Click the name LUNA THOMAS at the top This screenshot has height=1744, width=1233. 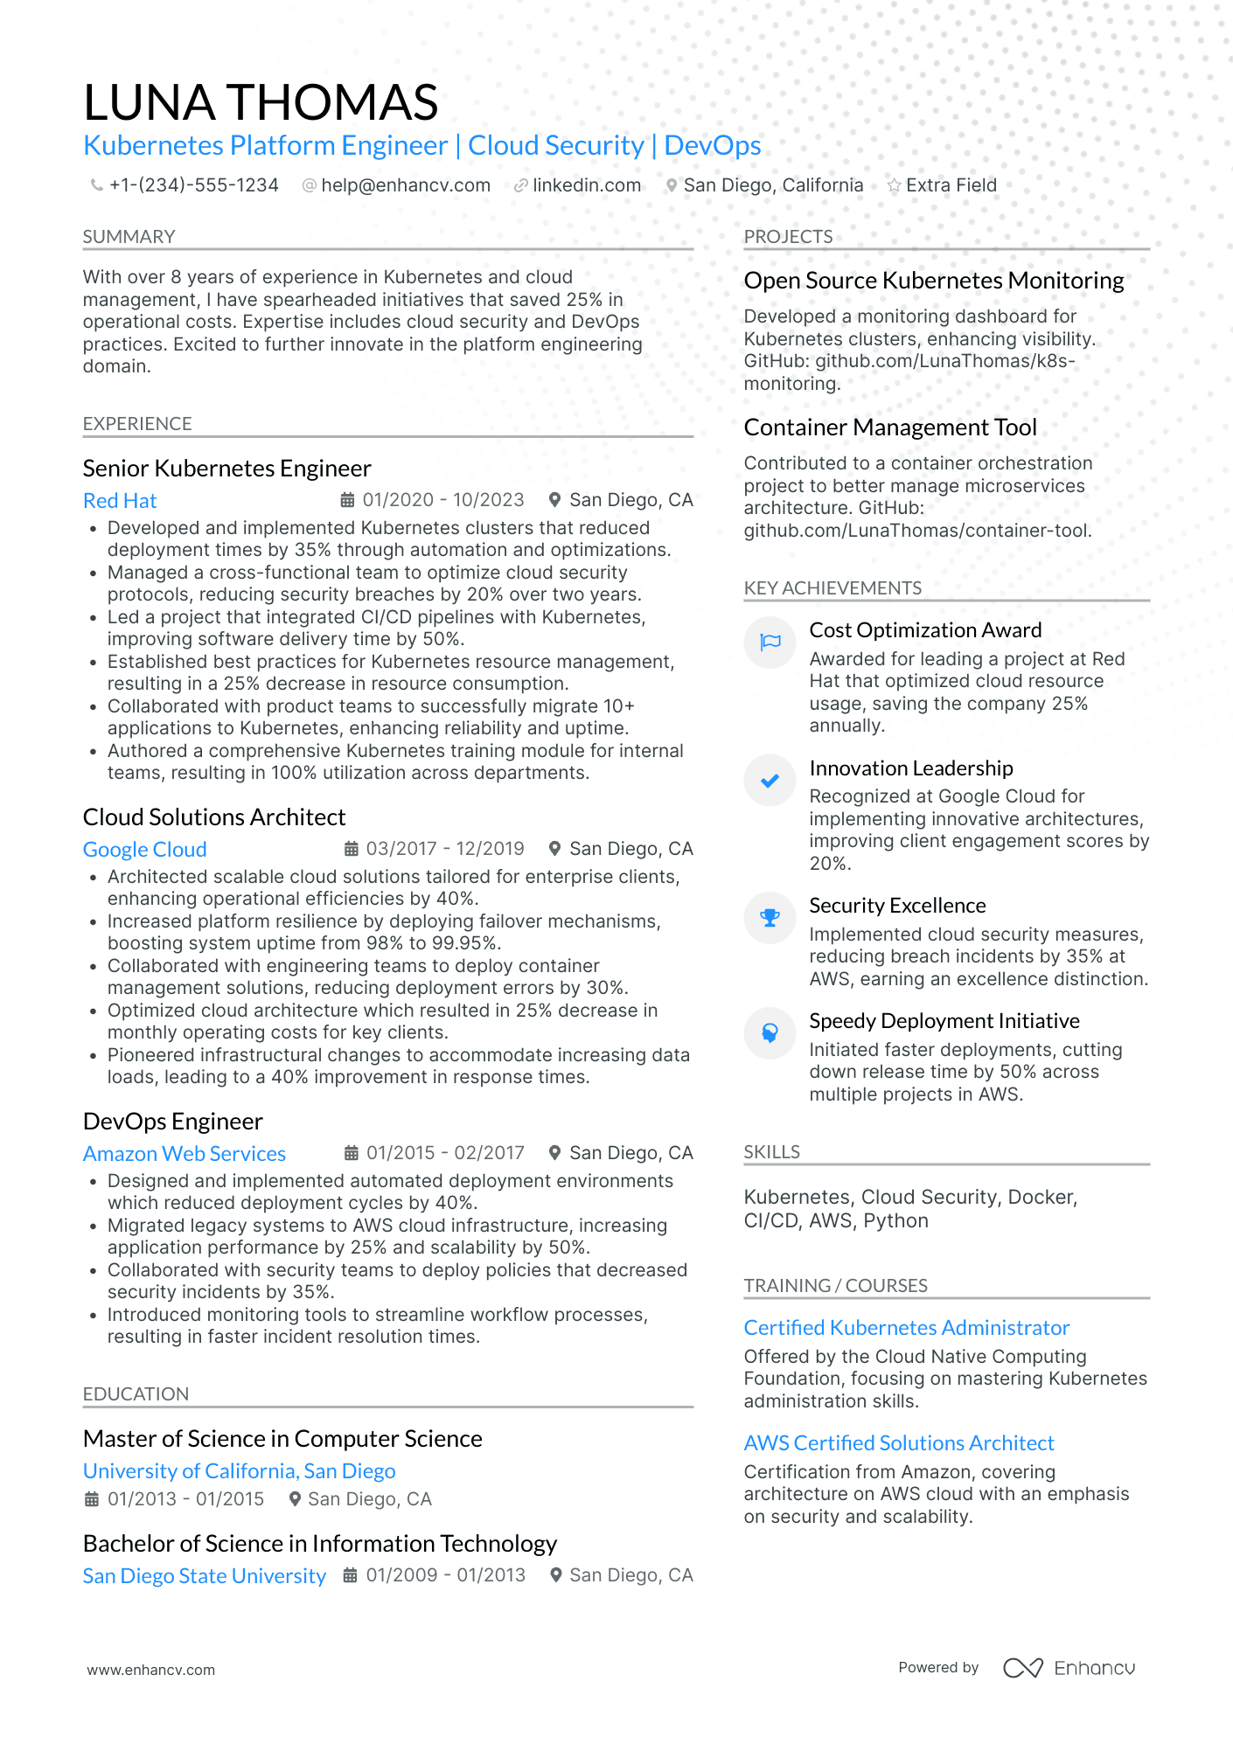pos(261,102)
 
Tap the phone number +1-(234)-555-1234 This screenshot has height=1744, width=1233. pos(193,185)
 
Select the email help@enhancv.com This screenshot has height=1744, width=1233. pos(405,185)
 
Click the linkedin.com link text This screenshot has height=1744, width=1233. pos(586,185)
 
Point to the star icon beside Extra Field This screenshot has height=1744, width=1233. pos(894,185)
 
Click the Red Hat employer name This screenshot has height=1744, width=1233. pos(120,501)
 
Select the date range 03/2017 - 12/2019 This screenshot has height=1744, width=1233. pos(444,849)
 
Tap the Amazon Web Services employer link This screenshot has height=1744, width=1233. pos(185,1154)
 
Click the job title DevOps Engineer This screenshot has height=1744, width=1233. pos(172,1122)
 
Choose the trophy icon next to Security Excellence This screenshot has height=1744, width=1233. pos(770,918)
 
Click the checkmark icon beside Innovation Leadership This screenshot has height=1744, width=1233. pos(770,781)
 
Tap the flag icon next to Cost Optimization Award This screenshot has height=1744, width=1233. pos(770,643)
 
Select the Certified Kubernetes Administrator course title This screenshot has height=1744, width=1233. pos(906,1328)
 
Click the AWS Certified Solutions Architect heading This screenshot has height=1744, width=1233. pos(898,1443)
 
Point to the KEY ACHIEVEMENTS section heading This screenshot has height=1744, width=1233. pos(832,588)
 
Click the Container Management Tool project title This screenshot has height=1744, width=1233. pos(889,427)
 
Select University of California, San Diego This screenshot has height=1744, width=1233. pos(239,1471)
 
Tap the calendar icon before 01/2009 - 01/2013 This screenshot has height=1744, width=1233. pos(350,1575)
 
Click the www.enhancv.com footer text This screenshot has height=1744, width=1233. pos(150,1670)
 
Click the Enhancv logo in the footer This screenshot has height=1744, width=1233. pos(1069,1668)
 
